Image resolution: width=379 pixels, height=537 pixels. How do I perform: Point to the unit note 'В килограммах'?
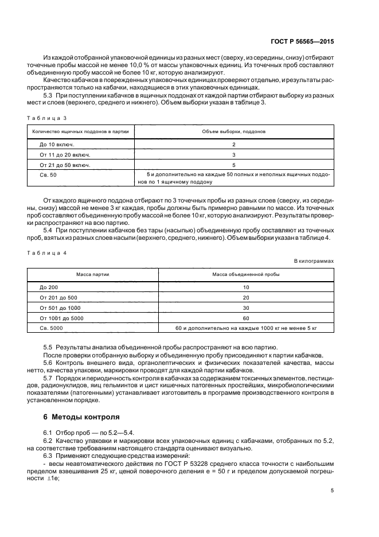tap(314, 260)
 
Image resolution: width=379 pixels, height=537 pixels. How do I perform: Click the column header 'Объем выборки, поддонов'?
tap(234, 131)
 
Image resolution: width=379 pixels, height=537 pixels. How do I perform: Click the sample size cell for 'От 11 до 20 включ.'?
tap(234, 154)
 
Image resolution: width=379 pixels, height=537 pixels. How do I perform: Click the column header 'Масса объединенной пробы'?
tap(246, 275)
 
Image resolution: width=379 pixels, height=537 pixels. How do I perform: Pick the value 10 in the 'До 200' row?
tap(246, 287)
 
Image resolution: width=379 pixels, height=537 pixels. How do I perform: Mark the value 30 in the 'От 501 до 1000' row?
tap(246, 308)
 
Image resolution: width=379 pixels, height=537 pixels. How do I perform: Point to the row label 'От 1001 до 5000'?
tap(61, 318)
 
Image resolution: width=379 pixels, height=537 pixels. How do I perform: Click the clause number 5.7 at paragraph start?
tap(48, 379)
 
